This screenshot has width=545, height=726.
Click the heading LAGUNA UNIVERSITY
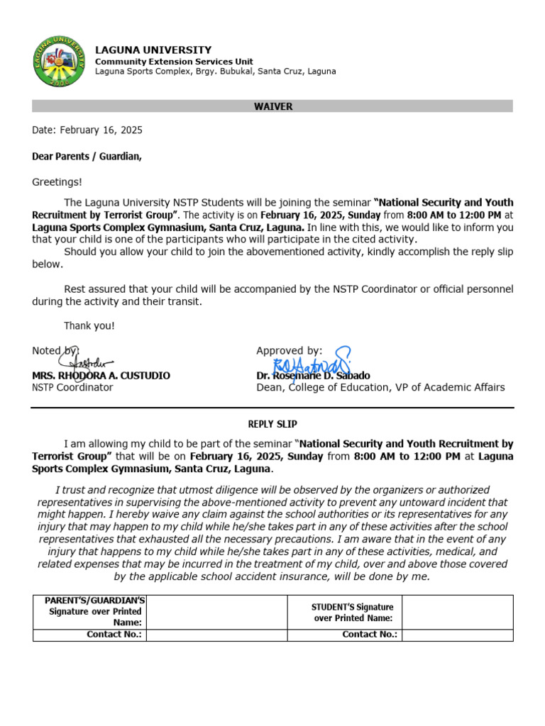[x=153, y=50]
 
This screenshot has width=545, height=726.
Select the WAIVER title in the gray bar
[x=272, y=106]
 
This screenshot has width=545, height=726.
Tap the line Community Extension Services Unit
[x=174, y=62]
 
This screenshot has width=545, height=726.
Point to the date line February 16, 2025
[x=87, y=130]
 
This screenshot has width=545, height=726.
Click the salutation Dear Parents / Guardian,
[x=87, y=157]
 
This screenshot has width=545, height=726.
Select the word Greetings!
[x=57, y=182]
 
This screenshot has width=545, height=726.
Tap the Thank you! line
[x=89, y=326]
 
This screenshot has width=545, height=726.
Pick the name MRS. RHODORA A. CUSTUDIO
[x=101, y=376]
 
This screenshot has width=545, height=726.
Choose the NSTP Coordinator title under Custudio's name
[x=72, y=388]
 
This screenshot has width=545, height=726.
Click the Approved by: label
[x=289, y=351]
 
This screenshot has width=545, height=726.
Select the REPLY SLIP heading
[x=272, y=424]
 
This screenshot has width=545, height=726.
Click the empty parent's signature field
[x=216, y=612]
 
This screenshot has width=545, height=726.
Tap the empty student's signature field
[x=456, y=612]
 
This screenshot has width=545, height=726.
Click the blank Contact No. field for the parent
[x=216, y=635]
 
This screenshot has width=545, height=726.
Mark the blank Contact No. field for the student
[x=456, y=635]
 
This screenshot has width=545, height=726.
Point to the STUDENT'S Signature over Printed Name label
[x=353, y=613]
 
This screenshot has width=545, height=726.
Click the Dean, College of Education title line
[x=380, y=388]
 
